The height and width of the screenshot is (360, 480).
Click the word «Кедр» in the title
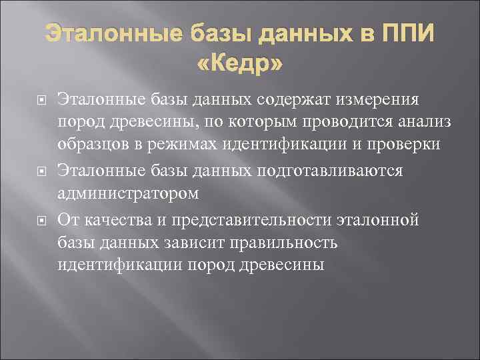coord(240,64)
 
